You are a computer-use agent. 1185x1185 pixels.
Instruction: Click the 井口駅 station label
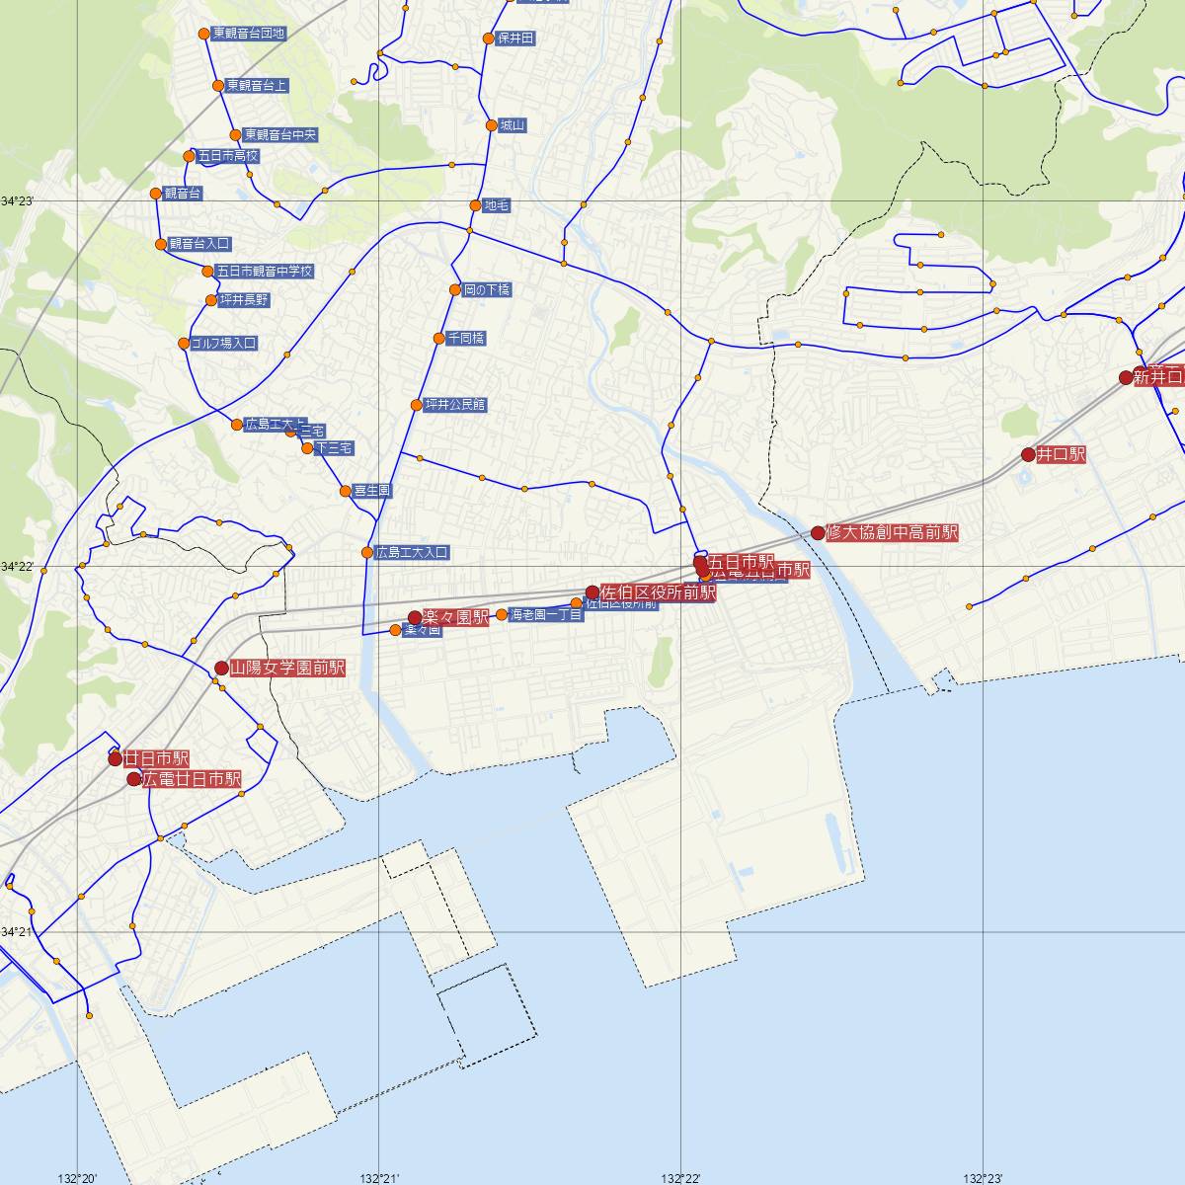(1062, 455)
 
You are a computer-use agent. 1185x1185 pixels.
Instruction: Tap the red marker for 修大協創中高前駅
(818, 533)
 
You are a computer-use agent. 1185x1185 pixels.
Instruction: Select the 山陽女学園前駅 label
(287, 669)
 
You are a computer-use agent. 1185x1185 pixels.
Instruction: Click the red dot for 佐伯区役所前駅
(592, 592)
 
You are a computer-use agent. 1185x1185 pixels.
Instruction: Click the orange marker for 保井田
(488, 39)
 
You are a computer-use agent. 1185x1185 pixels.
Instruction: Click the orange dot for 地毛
(475, 206)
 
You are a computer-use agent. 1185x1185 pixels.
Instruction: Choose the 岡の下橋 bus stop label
(487, 290)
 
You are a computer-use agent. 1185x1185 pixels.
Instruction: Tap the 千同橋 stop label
(466, 339)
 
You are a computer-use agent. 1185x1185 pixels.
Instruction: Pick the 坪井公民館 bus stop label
(454, 405)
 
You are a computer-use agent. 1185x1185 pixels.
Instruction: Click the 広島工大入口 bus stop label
(412, 553)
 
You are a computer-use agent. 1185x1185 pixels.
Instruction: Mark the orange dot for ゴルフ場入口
(184, 344)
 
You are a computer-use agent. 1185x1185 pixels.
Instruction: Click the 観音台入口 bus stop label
(199, 244)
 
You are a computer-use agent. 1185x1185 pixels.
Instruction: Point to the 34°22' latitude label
(17, 567)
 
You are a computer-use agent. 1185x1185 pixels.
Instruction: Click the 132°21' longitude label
(380, 1178)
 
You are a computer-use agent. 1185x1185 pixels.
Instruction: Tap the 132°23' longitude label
(984, 1178)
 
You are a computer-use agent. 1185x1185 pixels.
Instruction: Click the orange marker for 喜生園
(345, 491)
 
